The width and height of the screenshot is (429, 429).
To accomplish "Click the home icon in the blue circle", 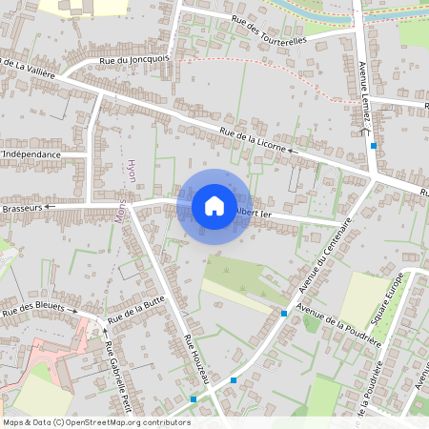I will tap(214, 206).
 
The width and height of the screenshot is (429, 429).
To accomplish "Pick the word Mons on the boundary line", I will tap(121, 211).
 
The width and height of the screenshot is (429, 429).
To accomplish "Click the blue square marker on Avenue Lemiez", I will tap(374, 146).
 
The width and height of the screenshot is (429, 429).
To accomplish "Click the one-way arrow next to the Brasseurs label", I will tap(50, 206).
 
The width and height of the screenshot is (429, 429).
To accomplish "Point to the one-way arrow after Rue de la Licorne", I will tap(293, 151).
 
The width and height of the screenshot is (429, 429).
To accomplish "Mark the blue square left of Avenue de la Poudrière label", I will tap(284, 313).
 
